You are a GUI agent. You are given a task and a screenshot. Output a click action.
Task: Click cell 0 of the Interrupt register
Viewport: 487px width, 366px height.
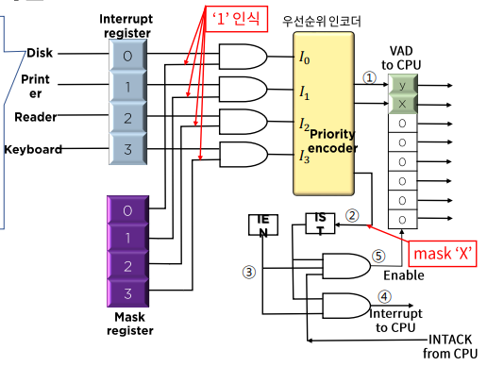[127, 56]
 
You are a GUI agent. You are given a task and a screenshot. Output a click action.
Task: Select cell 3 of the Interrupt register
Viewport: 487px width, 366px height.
[127, 149]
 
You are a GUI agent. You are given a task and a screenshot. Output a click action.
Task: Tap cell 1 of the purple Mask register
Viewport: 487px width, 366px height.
[127, 238]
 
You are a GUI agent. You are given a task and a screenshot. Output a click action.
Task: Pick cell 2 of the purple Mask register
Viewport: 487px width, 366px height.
[127, 266]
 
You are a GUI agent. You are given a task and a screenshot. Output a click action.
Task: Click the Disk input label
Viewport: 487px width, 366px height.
[40, 53]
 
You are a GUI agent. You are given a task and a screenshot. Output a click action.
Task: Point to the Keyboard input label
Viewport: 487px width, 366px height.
[33, 149]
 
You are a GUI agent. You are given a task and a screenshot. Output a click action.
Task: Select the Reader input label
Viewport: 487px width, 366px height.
[36, 117]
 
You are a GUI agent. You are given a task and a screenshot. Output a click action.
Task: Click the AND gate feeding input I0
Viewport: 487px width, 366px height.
[243, 57]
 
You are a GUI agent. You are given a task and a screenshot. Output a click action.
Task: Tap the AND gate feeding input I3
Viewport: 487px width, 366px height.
[243, 155]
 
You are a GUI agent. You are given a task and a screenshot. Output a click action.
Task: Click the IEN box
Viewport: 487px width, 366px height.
[263, 225]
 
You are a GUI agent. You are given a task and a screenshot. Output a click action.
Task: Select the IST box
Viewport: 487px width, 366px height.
[320, 224]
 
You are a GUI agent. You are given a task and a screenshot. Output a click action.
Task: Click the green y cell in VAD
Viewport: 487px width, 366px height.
[403, 85]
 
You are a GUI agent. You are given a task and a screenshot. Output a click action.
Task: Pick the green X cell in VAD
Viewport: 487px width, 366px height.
[403, 104]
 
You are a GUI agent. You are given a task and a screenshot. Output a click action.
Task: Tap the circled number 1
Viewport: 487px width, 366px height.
[370, 77]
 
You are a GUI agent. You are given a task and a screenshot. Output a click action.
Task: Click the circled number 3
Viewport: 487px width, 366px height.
[249, 272]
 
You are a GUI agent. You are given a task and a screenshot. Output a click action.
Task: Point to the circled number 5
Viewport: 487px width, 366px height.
[378, 256]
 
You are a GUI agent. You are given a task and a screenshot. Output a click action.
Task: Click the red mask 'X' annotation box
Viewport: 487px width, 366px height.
[443, 254]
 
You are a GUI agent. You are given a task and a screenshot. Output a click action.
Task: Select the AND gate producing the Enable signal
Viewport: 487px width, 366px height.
[346, 266]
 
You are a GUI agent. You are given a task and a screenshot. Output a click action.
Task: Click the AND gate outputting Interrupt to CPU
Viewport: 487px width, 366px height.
[346, 306]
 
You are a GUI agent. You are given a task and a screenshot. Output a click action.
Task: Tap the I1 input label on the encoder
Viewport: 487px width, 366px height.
[304, 92]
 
